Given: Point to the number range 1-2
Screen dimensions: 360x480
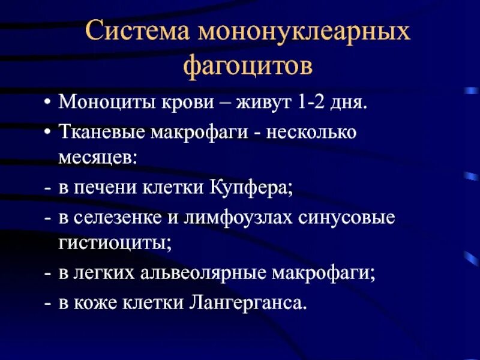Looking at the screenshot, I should tap(313, 102).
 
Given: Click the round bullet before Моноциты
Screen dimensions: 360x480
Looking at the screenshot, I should tap(47, 103).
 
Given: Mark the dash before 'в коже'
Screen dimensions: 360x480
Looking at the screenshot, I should tap(47, 302).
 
